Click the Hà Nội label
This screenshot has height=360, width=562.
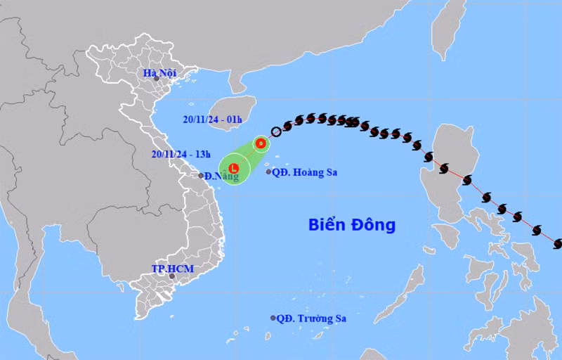coord(157,73)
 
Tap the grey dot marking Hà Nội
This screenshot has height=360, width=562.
coord(157,79)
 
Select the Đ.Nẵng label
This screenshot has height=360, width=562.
coord(222,176)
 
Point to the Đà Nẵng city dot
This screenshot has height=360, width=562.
coord(201,176)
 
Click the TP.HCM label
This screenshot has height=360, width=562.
coord(172,269)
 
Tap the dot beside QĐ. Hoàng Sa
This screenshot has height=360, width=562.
coord(269,172)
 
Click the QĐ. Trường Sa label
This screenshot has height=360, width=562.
coord(311,319)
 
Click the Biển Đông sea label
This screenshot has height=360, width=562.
coord(352,226)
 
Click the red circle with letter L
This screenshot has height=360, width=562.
coord(234,168)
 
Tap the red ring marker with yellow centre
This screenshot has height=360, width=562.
coord(261,143)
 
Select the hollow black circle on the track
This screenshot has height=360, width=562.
coord(276,131)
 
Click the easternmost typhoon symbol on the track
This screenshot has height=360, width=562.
coord(558,244)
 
